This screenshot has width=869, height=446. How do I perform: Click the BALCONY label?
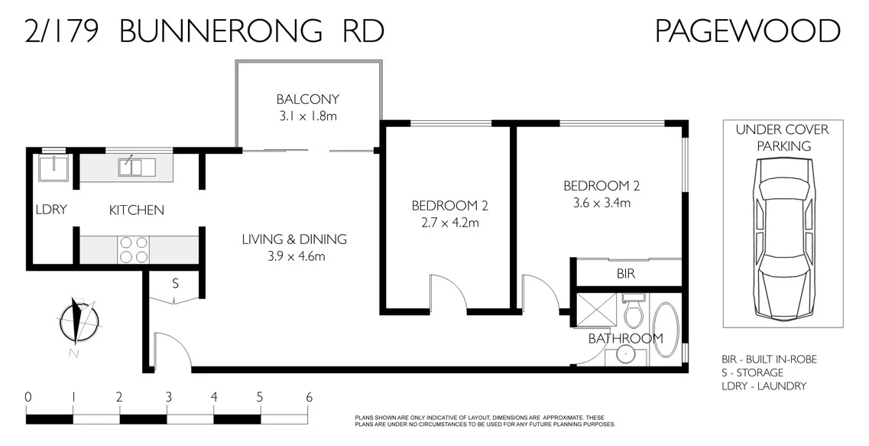coord(307,100)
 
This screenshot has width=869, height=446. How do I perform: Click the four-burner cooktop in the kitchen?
coord(133,249)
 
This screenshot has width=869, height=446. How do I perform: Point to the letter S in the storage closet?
coord(175,284)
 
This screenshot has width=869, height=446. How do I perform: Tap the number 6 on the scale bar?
coord(310,397)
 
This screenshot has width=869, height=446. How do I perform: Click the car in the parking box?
coord(783,239)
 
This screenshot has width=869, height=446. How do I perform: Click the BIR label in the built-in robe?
coord(626,273)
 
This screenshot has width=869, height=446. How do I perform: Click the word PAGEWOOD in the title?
coord(747,31)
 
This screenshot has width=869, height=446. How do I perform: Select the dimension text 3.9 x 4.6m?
coord(293,256)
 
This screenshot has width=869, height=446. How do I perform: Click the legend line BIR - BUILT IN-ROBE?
coord(769,360)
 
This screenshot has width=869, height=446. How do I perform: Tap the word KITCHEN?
coord(136,210)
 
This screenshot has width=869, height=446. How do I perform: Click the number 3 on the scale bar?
coord(168,397)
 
